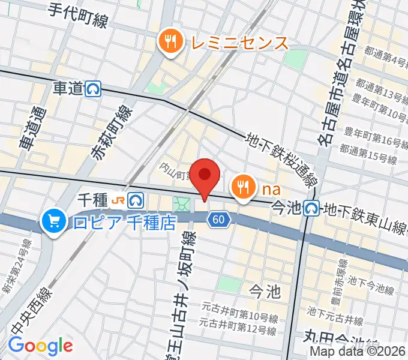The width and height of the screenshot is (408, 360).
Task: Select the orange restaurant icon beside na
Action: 243,188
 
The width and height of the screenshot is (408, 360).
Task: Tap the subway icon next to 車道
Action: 94,89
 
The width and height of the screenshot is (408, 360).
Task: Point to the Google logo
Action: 40,346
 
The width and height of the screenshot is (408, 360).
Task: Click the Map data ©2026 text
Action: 358,352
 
